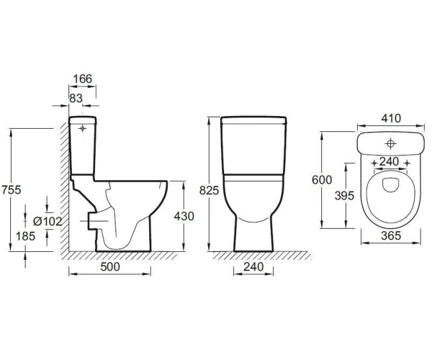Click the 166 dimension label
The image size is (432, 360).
point(82,79)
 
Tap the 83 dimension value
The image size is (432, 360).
point(76,98)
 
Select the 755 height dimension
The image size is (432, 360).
point(12,190)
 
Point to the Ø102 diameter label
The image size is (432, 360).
point(48,221)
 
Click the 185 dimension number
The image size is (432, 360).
point(25,236)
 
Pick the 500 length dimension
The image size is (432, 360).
point(110,266)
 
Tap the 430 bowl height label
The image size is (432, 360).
point(184,216)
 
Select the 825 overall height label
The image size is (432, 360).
point(209,190)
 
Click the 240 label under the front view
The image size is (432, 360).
point(253,266)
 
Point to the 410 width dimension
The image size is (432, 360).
point(391,118)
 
